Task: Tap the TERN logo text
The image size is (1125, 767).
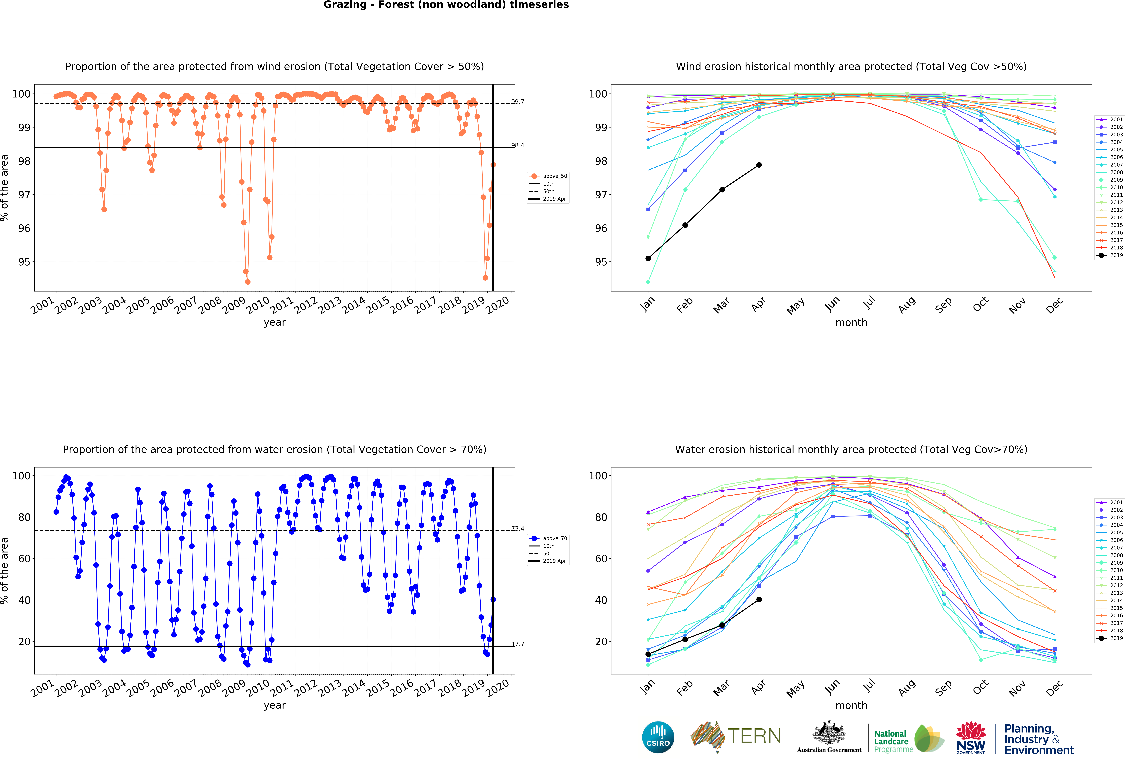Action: [754, 736]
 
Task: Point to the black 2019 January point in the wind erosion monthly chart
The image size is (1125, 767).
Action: [648, 258]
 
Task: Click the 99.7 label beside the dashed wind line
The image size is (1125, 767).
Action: [517, 102]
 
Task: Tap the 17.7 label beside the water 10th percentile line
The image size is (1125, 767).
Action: [517, 644]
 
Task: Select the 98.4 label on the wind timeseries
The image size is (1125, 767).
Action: [517, 145]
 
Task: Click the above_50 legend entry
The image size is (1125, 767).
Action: [554, 176]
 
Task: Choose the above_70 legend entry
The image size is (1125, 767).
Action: [554, 538]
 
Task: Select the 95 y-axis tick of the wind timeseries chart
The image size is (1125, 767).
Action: [24, 262]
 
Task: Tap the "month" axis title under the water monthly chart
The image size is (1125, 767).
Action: [851, 706]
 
